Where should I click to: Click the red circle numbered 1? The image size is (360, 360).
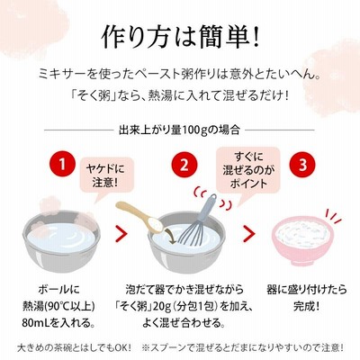(62, 165)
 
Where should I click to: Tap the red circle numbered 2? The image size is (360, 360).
(184, 165)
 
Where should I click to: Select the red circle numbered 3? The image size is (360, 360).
(302, 165)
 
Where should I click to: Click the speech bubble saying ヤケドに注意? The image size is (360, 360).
(105, 177)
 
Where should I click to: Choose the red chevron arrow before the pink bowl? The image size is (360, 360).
(248, 234)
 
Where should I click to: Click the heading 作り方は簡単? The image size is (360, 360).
(180, 38)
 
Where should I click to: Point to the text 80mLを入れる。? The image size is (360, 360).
(58, 323)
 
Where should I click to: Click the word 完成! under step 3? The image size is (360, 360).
(306, 306)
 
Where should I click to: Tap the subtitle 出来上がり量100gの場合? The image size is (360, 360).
(179, 130)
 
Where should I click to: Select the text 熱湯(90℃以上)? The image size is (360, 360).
(58, 306)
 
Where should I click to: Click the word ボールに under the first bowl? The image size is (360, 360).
(59, 290)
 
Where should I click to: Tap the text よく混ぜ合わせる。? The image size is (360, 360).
(184, 323)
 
